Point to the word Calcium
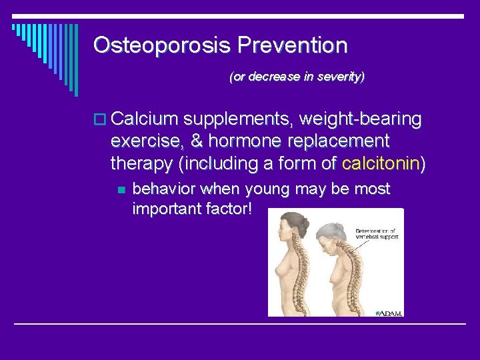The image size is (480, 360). [145, 119]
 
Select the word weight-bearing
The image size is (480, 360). [361, 119]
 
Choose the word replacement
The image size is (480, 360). [334, 141]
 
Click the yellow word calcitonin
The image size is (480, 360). [379, 163]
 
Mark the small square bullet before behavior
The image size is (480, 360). [120, 190]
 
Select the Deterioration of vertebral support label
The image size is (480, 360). [379, 235]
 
